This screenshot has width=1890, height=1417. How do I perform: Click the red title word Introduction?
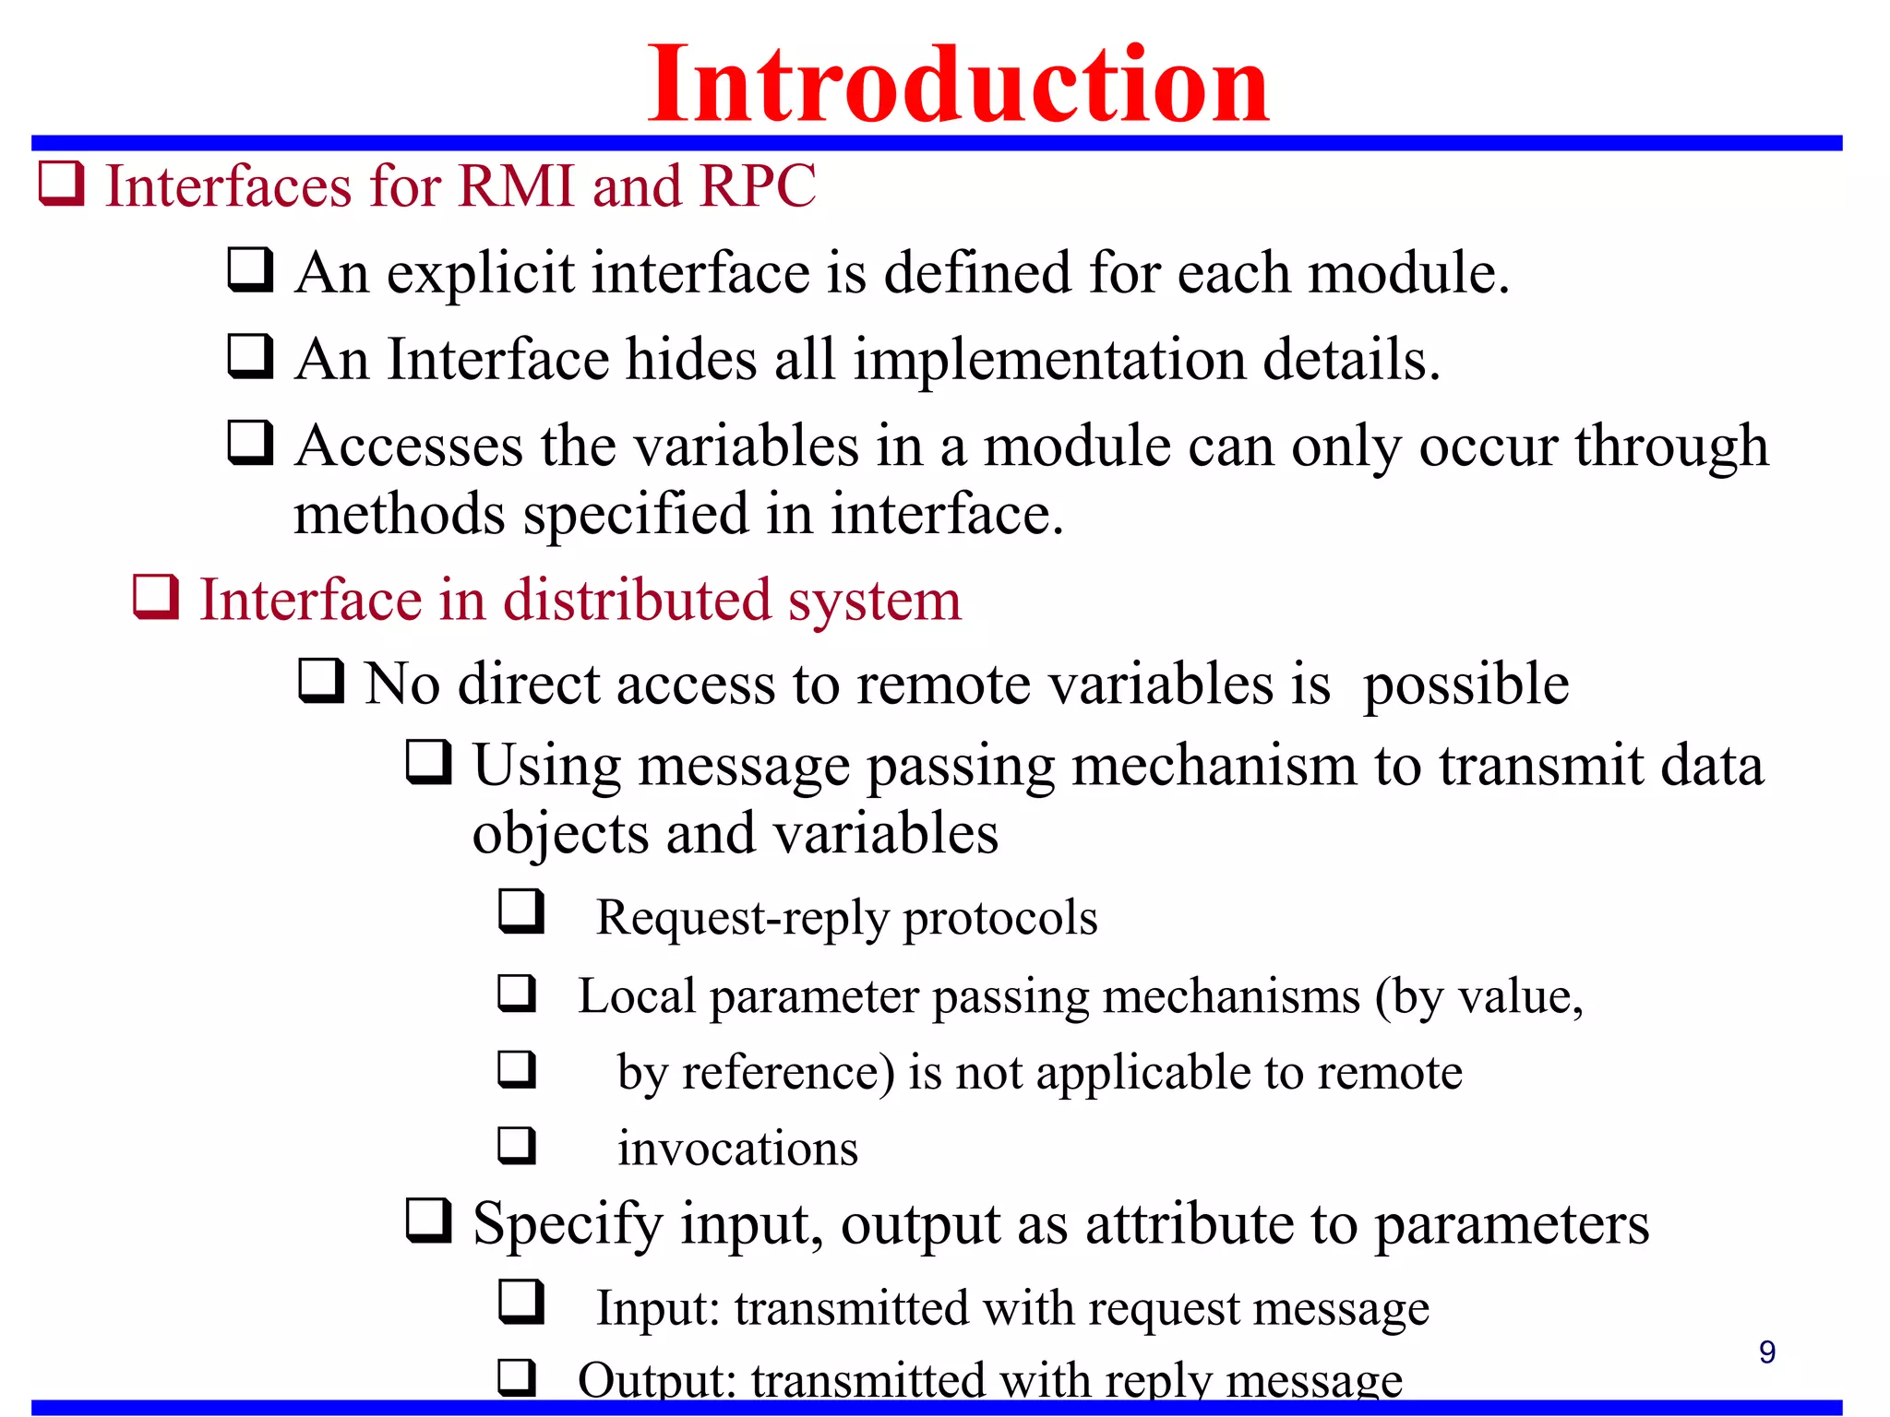point(958,85)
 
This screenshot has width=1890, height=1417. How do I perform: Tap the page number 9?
point(1766,1352)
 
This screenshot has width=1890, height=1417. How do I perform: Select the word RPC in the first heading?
point(758,185)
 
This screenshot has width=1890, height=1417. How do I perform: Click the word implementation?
point(1049,360)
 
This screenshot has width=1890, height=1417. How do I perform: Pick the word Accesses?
point(409,447)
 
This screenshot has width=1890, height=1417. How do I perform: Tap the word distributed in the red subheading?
point(636,600)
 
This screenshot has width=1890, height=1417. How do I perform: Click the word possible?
point(1465,685)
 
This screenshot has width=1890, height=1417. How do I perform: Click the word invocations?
point(737,1149)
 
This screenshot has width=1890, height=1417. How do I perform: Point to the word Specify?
point(568,1225)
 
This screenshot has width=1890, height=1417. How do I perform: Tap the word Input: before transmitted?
point(657,1308)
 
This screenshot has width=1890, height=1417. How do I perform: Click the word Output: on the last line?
point(656,1381)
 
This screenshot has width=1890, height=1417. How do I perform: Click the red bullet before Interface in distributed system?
point(155,597)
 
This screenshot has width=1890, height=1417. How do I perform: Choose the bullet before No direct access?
point(321,682)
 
